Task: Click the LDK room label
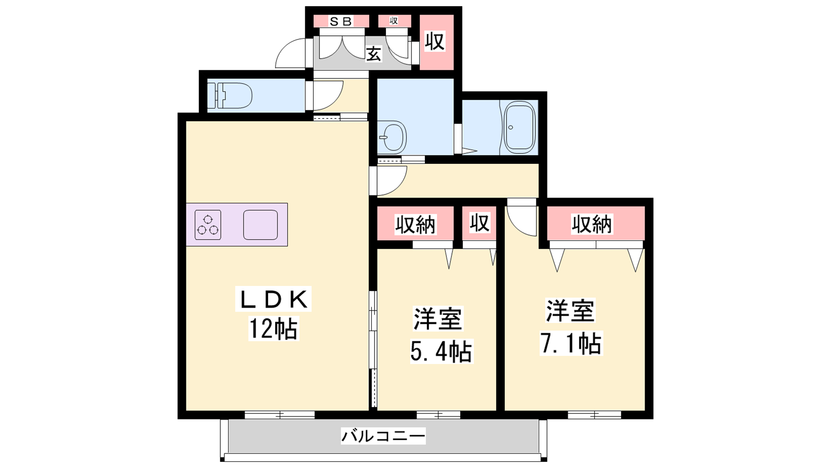[273, 299]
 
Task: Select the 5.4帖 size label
[441, 351]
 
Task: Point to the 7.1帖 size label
[571, 343]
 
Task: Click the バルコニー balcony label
[383, 436]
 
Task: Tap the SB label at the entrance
[341, 21]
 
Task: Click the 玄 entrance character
[374, 55]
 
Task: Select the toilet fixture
[230, 96]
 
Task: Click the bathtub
[519, 127]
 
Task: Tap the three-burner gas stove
[208, 225]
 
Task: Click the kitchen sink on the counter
[260, 225]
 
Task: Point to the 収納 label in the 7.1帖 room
[592, 224]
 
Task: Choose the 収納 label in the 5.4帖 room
[415, 224]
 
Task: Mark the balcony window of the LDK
[280, 414]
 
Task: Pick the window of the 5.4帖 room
[438, 414]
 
